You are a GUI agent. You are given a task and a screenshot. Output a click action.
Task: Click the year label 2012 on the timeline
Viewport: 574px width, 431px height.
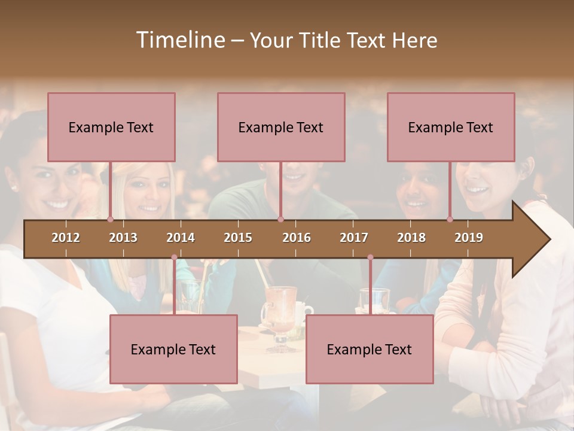66,238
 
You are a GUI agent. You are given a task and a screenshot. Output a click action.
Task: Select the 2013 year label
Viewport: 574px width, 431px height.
123,238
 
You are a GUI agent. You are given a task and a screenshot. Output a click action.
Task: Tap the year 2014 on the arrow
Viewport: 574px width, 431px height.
181,238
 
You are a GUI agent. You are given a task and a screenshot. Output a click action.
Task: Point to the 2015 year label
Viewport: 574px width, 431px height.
238,238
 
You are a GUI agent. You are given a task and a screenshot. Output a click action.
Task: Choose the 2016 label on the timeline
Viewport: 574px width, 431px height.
297,238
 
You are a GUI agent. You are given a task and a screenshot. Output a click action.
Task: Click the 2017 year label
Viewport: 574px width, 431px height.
354,238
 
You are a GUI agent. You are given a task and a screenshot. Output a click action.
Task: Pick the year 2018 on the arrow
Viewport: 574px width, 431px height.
411,238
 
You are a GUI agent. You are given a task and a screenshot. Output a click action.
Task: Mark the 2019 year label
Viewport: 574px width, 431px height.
469,238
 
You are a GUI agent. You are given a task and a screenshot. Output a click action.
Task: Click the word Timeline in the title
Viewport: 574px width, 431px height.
179,40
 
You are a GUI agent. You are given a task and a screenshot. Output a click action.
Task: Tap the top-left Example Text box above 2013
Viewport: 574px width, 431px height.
111,127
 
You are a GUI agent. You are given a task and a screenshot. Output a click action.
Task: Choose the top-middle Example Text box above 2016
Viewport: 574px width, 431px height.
281,127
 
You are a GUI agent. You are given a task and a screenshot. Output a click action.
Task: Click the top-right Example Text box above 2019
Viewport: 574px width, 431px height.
451,127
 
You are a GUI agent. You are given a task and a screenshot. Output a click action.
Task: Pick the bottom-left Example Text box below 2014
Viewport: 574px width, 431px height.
173,349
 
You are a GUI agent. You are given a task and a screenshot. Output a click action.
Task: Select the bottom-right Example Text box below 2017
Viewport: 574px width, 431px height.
370,349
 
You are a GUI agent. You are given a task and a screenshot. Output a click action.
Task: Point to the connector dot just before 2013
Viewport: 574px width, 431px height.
110,219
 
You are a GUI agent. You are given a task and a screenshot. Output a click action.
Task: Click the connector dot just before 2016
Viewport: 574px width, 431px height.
280,219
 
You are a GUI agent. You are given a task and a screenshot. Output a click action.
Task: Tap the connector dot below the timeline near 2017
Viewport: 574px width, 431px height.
370,257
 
